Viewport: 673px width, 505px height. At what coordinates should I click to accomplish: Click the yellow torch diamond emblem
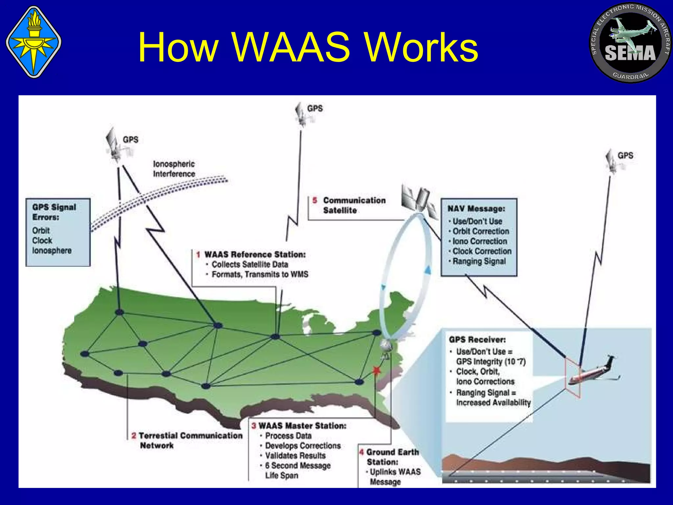pyautogui.click(x=34, y=42)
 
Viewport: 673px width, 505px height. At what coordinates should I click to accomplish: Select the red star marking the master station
pyautogui.click(x=377, y=371)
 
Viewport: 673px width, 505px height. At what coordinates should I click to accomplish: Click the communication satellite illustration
pyautogui.click(x=419, y=201)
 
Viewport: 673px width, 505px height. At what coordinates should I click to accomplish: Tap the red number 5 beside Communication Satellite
pyautogui.click(x=315, y=200)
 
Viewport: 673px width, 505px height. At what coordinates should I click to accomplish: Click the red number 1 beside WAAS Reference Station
pyautogui.click(x=198, y=254)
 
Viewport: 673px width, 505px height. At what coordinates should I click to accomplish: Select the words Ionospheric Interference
pyautogui.click(x=174, y=169)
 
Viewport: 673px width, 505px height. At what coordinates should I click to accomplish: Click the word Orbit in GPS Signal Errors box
pyautogui.click(x=41, y=230)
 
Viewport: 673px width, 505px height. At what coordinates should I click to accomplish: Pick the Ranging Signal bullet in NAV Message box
pyautogui.click(x=479, y=261)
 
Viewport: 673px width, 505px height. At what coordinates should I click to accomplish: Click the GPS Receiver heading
pyautogui.click(x=477, y=340)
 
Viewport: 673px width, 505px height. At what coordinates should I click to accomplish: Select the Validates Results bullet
pyautogui.click(x=295, y=456)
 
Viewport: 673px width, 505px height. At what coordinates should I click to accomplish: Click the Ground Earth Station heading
pyautogui.click(x=389, y=457)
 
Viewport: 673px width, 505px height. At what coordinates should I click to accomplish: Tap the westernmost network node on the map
pyautogui.click(x=85, y=354)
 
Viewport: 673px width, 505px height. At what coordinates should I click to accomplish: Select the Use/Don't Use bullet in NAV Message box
pyautogui.click(x=477, y=221)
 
